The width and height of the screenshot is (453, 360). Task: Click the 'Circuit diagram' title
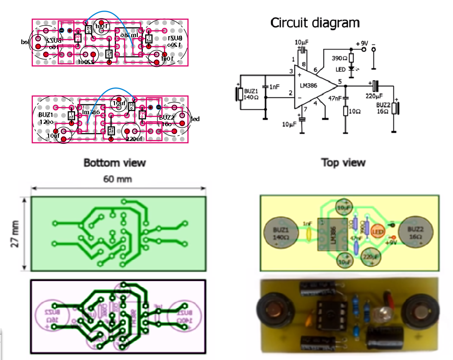pos(315,22)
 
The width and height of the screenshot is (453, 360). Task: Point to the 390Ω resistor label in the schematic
pos(339,58)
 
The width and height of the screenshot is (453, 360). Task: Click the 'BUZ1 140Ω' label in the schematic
pos(251,94)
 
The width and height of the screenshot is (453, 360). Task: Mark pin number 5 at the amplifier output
pos(340,82)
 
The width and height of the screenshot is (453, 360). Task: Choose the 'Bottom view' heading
pos(115,163)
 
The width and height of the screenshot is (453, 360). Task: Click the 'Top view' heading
pos(343,163)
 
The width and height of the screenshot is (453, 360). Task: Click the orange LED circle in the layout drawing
pos(378,231)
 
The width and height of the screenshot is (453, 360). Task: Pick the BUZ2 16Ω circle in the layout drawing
pos(416,232)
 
